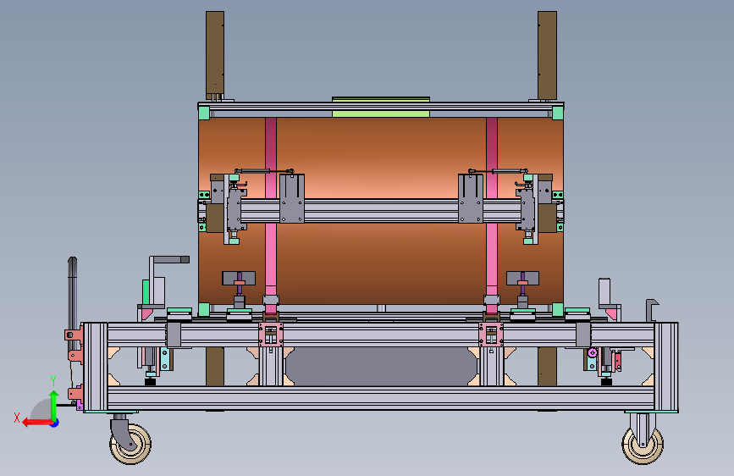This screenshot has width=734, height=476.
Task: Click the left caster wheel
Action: [x=130, y=444]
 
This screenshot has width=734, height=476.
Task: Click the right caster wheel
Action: [x=643, y=445]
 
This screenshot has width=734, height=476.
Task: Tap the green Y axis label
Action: [x=53, y=381]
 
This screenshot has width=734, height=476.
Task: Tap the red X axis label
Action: [x=17, y=418]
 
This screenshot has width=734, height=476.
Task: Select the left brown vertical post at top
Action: [x=215, y=56]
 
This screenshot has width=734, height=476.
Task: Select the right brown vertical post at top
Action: [x=547, y=56]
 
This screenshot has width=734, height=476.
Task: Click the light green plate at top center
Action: [x=381, y=107]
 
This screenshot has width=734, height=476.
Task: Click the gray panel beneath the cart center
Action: [x=381, y=367]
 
